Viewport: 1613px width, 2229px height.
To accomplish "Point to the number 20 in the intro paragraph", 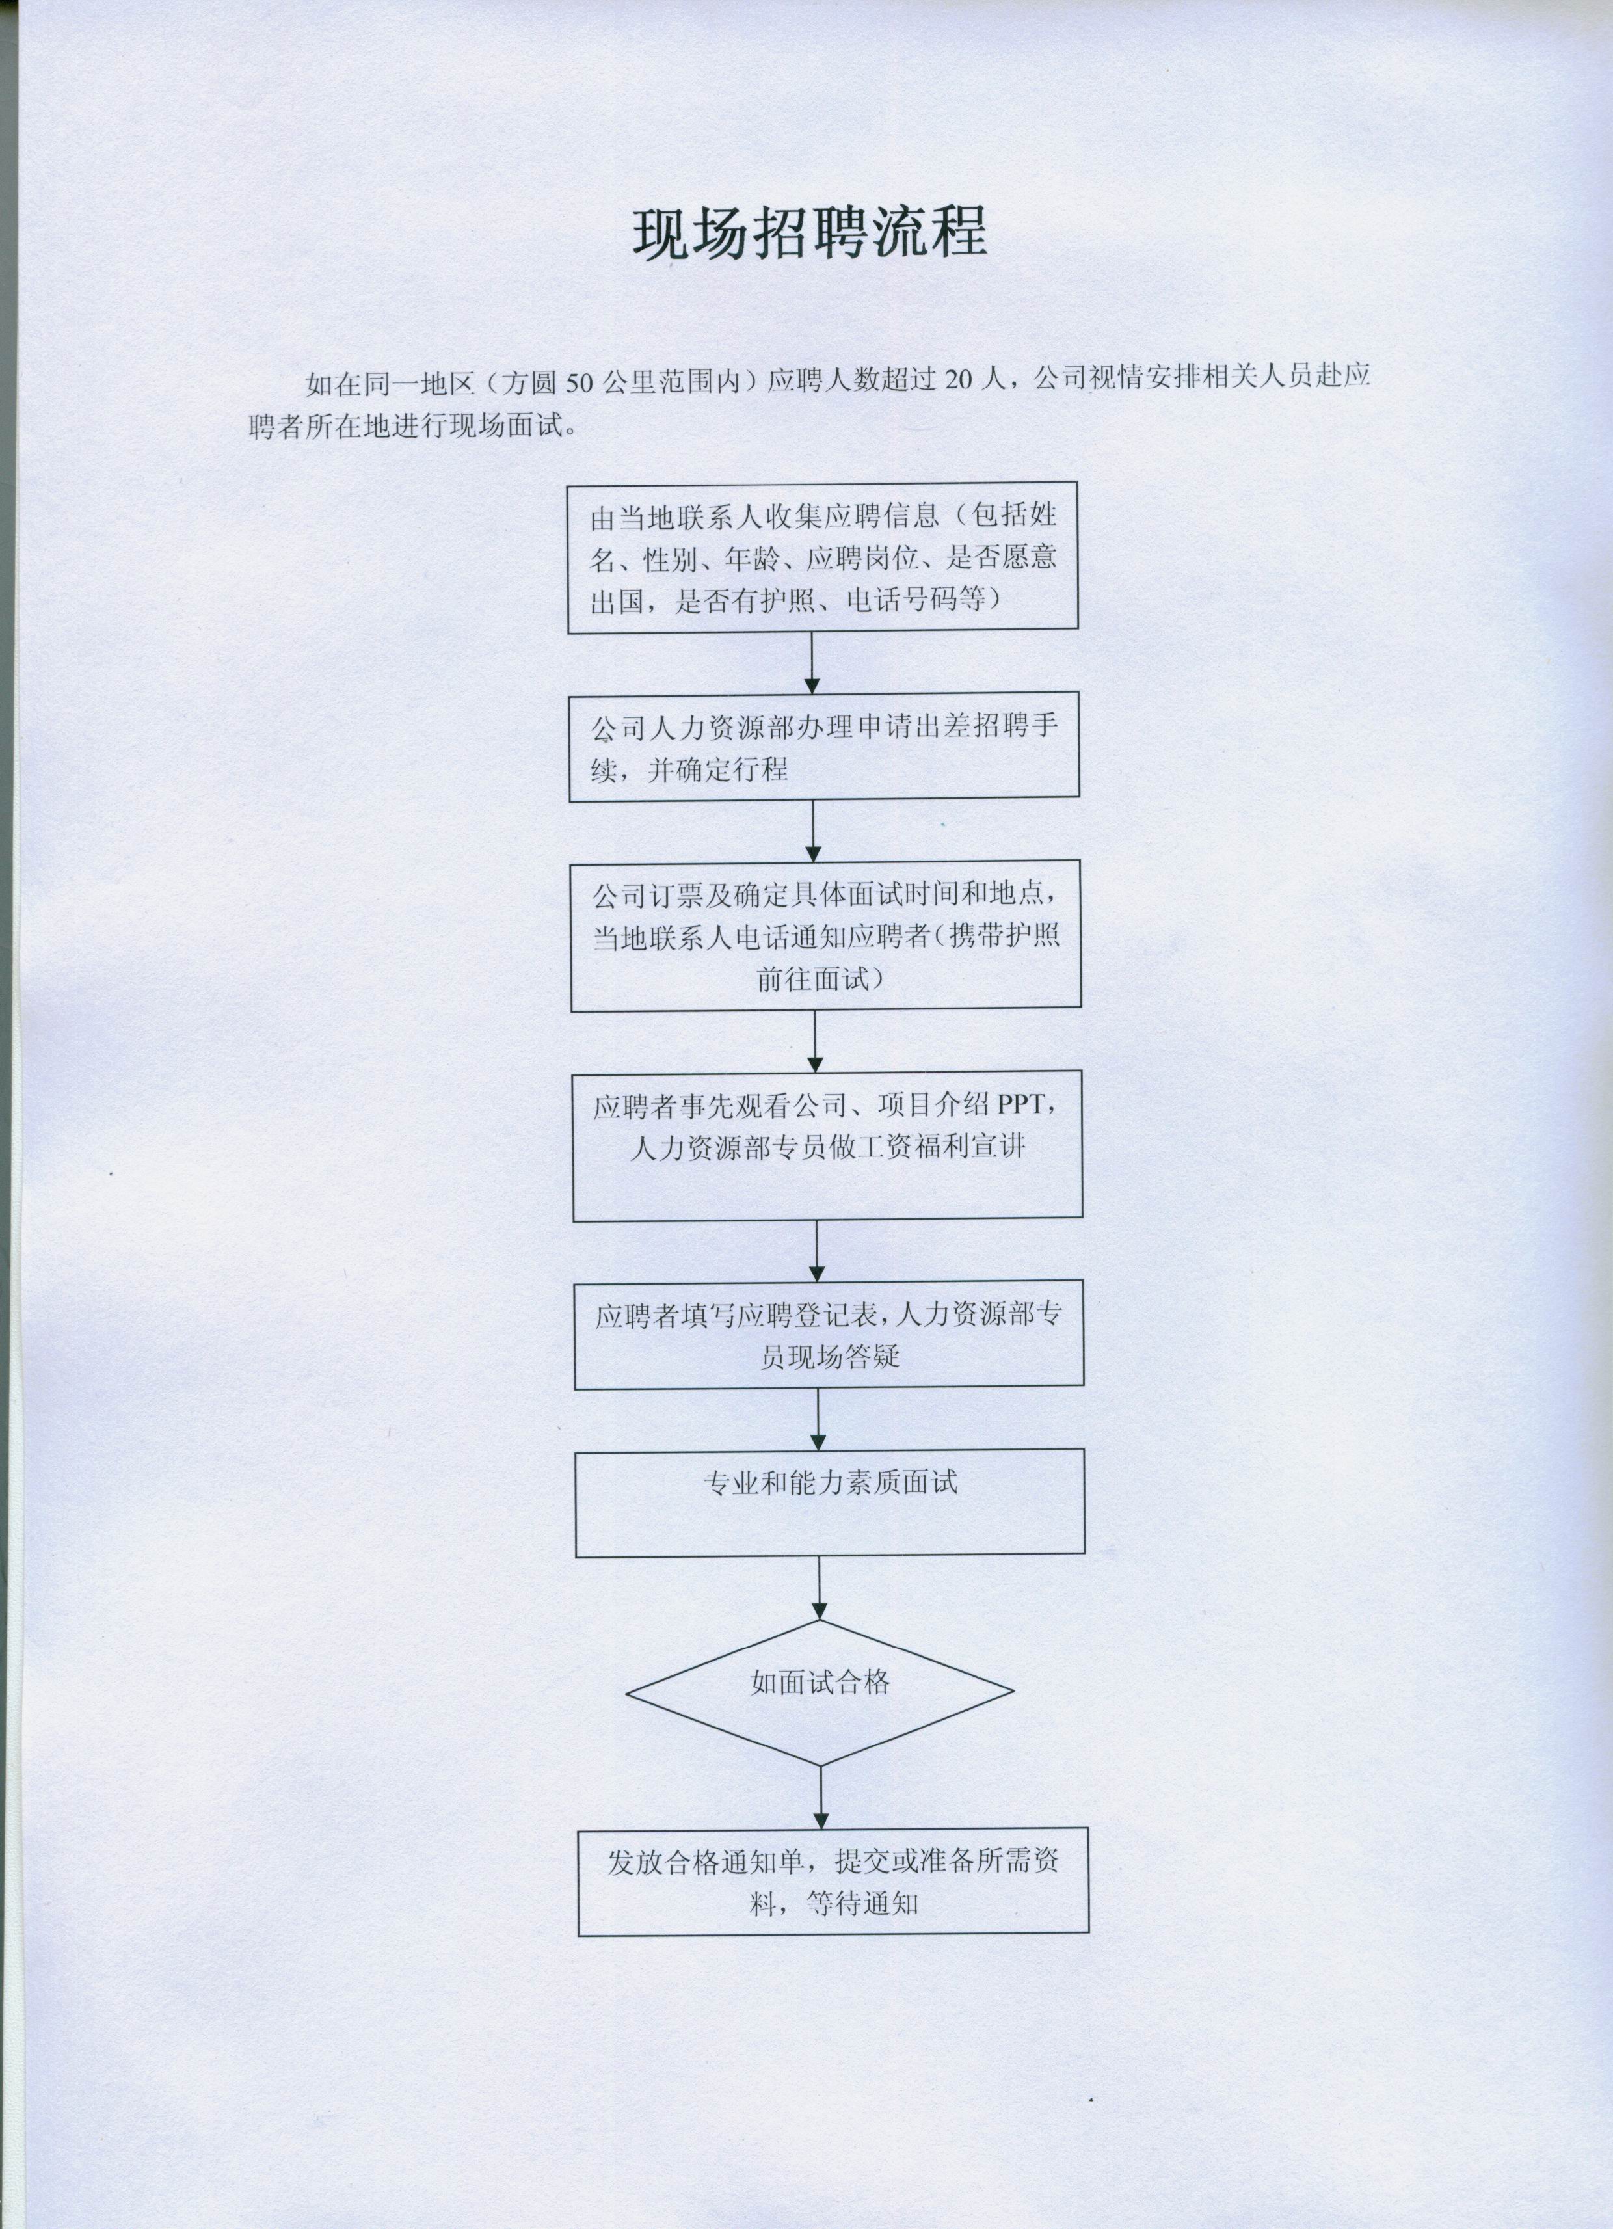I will (x=958, y=380).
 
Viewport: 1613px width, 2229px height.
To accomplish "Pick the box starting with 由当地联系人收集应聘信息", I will (x=823, y=557).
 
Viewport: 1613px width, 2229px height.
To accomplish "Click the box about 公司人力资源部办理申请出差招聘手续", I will (x=823, y=747).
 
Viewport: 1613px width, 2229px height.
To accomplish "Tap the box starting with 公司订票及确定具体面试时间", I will (x=825, y=935).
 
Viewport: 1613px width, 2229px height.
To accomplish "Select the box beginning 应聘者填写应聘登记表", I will (x=829, y=1333).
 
